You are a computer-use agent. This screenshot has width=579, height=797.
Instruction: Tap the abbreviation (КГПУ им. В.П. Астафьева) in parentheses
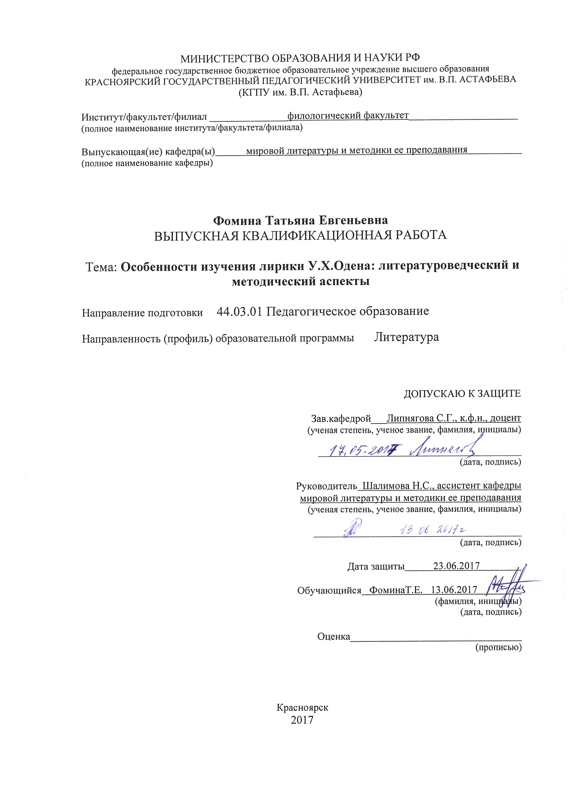tap(300, 92)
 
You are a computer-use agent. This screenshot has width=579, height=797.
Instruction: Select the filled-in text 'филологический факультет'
tap(348, 115)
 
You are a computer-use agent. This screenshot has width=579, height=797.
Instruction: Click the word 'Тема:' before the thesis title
tap(101, 267)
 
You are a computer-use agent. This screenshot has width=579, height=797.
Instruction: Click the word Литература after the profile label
tap(406, 337)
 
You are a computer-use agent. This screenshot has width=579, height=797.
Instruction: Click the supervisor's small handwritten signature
tap(351, 529)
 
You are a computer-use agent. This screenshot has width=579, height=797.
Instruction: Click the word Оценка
tap(334, 636)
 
